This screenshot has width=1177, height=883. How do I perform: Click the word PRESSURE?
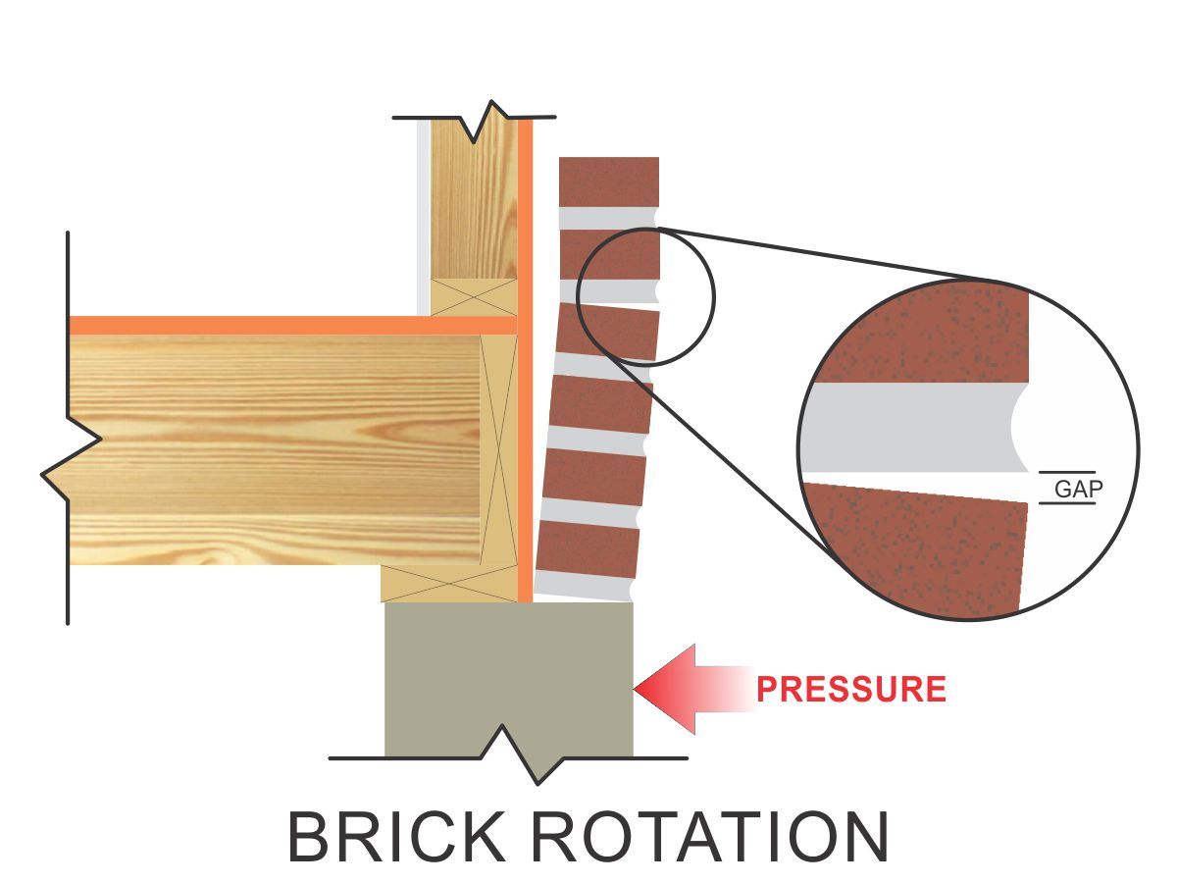pos(851,689)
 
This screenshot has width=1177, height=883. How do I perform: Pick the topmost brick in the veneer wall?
pos(608,182)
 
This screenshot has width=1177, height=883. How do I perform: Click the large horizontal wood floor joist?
pos(275,446)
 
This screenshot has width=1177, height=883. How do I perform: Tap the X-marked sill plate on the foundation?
pos(449,584)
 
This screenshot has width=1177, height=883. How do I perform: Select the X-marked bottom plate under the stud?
pos(474,297)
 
